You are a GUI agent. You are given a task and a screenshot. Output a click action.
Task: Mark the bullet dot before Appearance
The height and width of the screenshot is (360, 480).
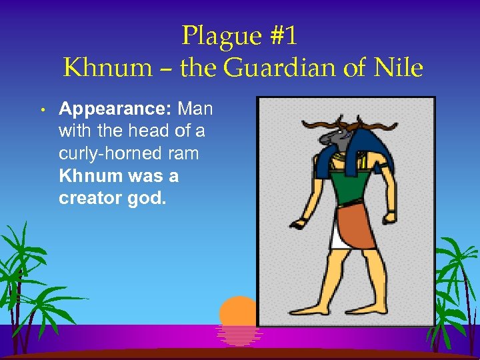[41, 109]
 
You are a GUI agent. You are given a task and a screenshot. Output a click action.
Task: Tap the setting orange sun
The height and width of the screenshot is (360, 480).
[238, 313]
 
